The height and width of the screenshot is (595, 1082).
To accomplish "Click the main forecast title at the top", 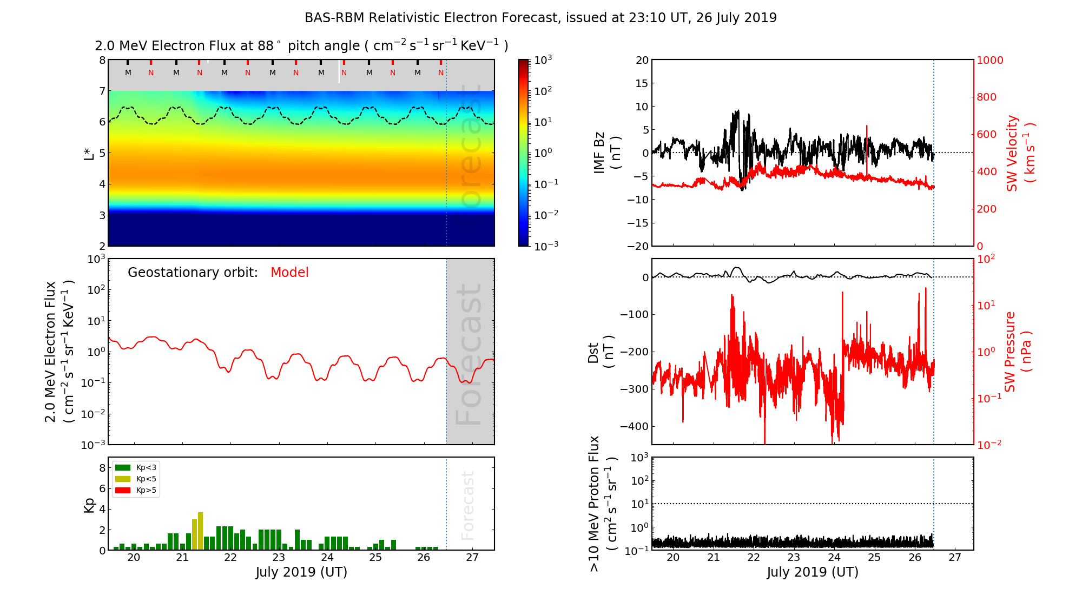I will tap(540, 18).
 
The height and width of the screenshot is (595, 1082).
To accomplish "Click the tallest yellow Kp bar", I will tap(200, 530).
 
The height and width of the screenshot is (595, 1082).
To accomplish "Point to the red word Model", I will tap(289, 273).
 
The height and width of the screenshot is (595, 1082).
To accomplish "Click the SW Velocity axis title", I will tap(1020, 153).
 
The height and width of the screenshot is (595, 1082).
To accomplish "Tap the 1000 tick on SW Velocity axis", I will tap(989, 60).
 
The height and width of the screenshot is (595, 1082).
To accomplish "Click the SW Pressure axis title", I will tap(1018, 352).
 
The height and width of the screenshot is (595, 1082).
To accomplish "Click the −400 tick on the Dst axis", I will tap(634, 426).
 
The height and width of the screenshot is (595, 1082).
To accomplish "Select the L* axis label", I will tap(89, 153).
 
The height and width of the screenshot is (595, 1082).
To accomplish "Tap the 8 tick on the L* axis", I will tap(102, 60).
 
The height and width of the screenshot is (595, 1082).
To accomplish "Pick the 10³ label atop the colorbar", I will tap(543, 59).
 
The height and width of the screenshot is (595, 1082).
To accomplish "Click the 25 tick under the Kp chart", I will tap(375, 558).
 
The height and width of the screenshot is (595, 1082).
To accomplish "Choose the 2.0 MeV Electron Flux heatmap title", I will tap(301, 45).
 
